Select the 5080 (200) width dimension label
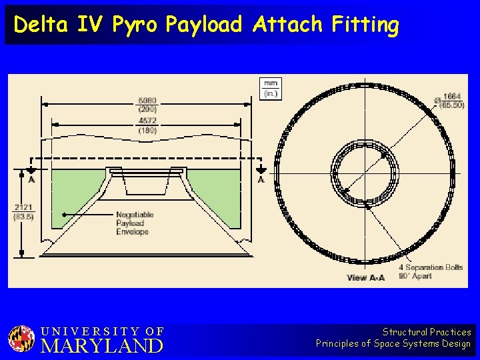147,105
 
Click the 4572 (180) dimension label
147,126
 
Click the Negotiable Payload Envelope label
135,223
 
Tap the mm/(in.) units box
271,89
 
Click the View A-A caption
365,277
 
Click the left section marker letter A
31,179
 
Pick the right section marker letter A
261,179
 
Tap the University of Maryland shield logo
21,339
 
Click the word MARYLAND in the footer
102,346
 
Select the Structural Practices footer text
427,331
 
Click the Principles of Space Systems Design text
393,344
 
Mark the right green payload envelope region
217,197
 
